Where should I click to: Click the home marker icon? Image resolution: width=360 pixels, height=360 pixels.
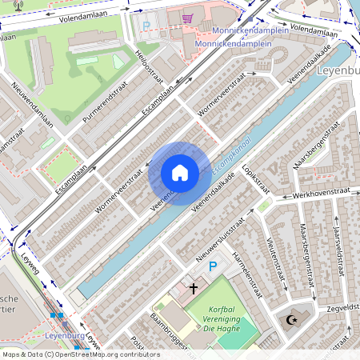click(180, 173)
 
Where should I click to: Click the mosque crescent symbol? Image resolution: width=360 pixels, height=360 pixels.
click(289, 321)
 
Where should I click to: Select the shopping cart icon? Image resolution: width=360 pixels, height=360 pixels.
click(187, 18)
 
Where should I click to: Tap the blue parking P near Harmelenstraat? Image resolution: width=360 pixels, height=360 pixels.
click(212, 266)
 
